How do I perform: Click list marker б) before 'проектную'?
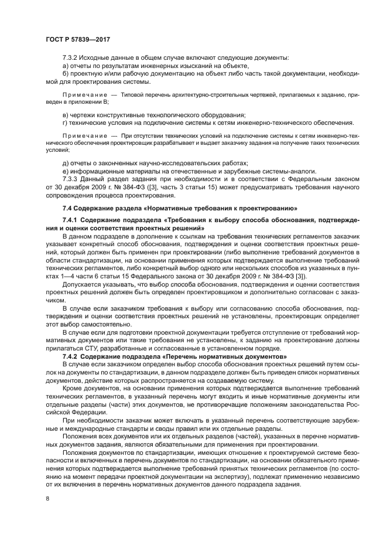(66, 74)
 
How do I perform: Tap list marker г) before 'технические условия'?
(65, 122)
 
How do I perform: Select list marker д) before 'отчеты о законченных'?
(66, 164)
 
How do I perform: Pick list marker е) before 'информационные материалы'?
(66, 171)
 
